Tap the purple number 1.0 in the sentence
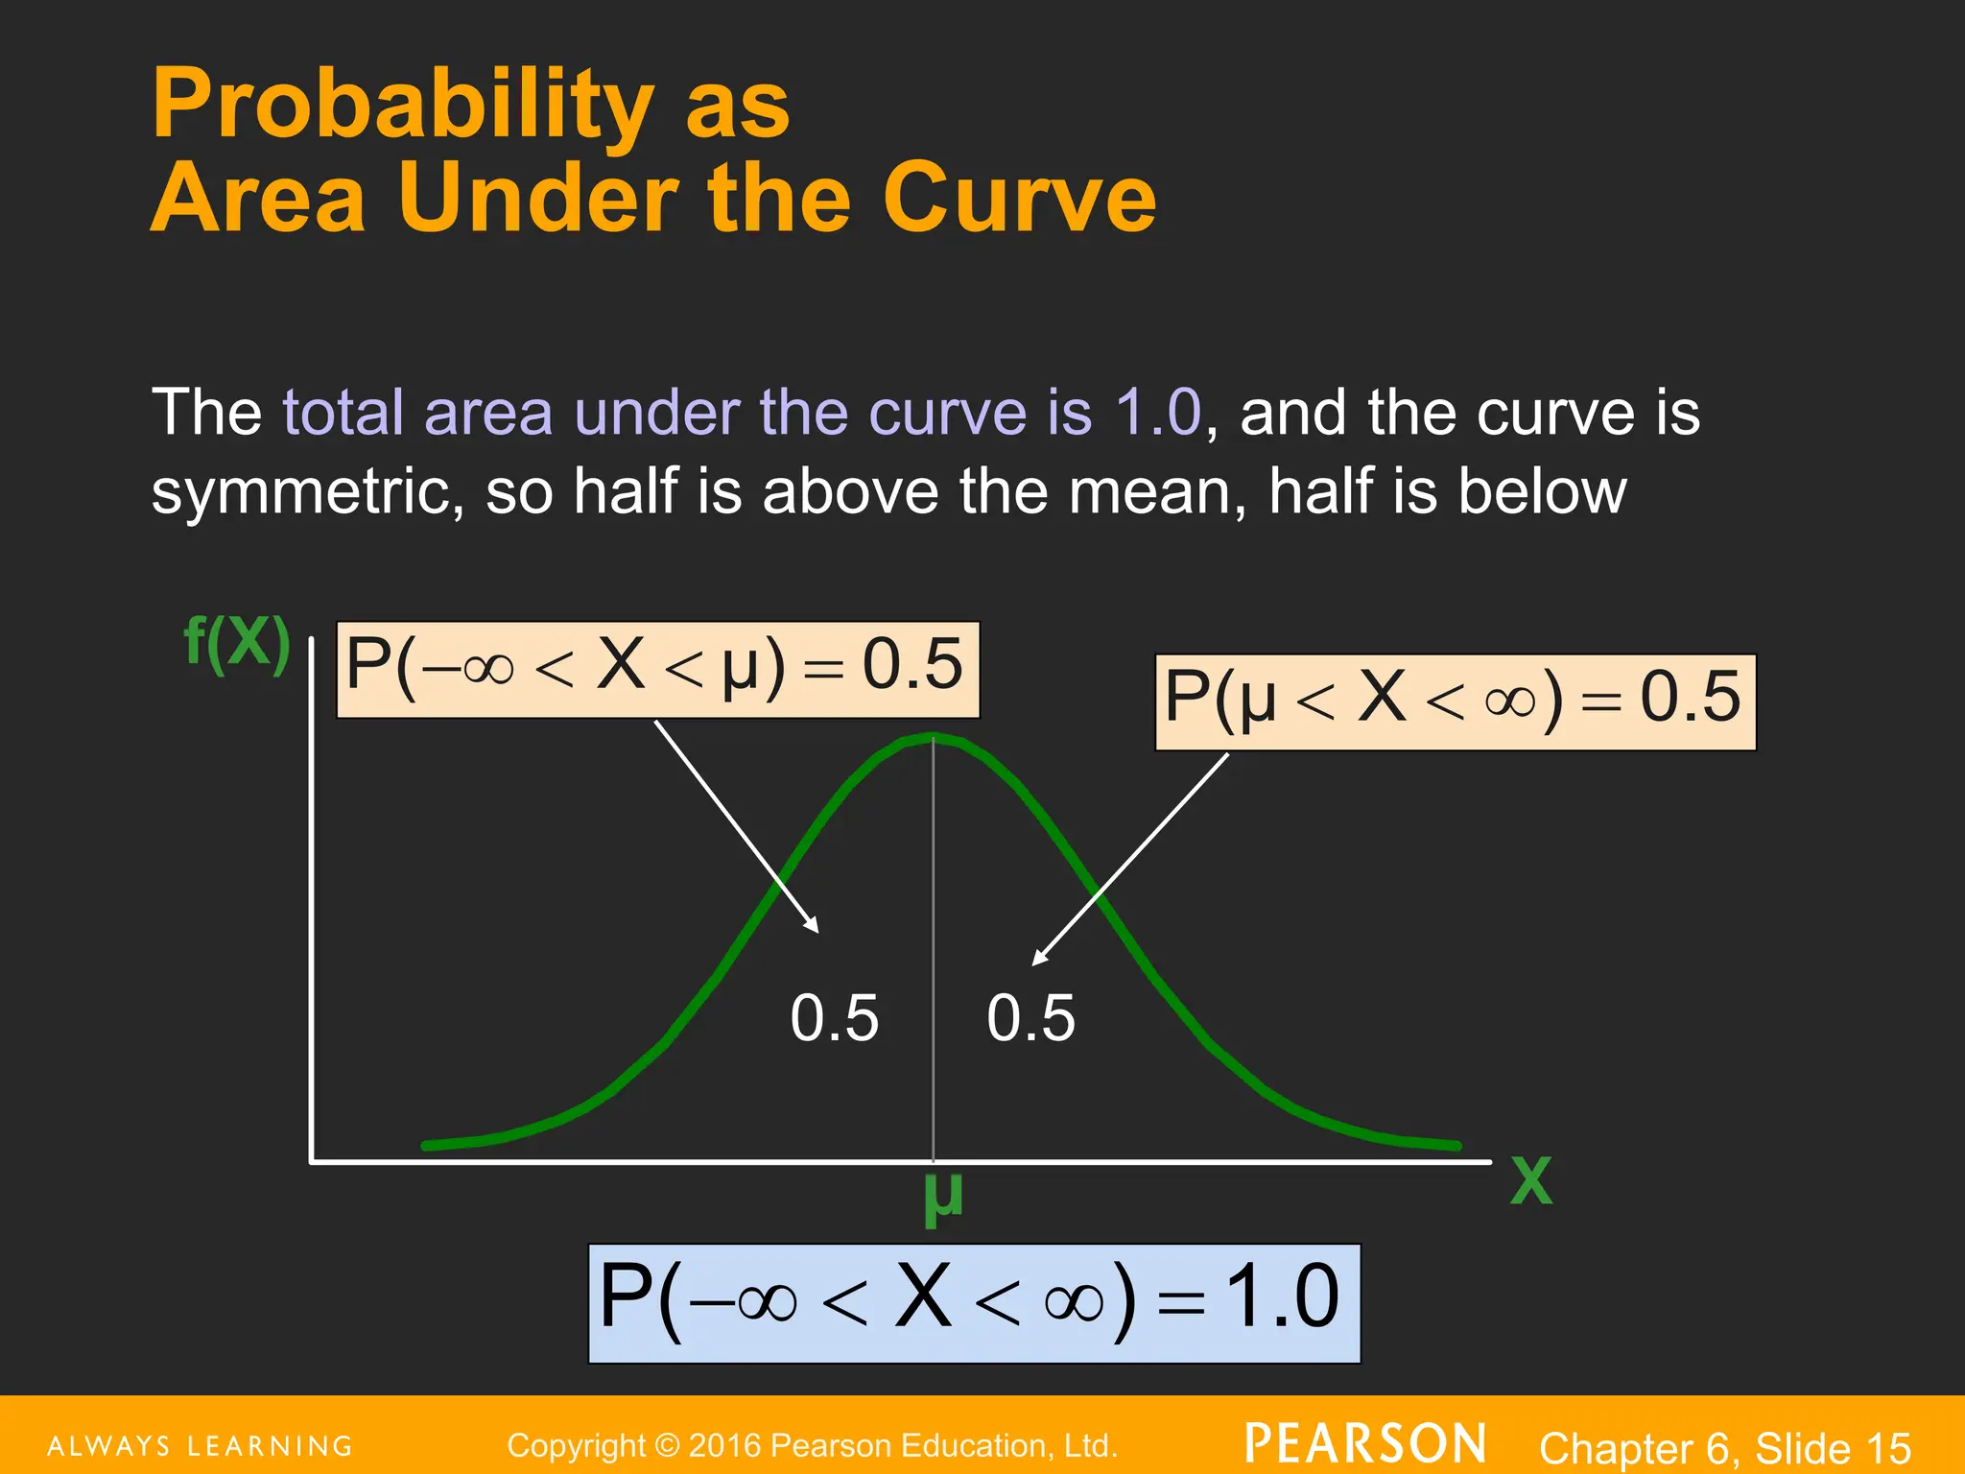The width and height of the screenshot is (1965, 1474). tap(1157, 414)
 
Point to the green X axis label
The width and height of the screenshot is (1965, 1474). tap(1530, 1181)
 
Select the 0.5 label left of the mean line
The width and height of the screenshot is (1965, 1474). tap(834, 1018)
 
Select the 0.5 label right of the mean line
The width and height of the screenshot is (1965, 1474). tap(1030, 1018)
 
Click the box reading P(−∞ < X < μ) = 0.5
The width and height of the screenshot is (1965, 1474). tap(657, 669)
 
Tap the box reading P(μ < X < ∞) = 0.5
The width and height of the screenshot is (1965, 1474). tap(1455, 701)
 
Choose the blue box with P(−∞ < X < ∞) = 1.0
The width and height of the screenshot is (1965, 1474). tap(974, 1302)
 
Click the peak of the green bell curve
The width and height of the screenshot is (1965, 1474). tap(933, 738)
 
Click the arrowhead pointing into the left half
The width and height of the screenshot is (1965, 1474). tap(814, 927)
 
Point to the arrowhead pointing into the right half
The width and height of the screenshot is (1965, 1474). tap(1038, 959)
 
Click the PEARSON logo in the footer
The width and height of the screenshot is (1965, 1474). tap(1366, 1444)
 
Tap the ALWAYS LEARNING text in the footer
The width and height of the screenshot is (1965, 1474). tap(201, 1446)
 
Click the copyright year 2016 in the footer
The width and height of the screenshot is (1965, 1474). tap(724, 1446)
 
